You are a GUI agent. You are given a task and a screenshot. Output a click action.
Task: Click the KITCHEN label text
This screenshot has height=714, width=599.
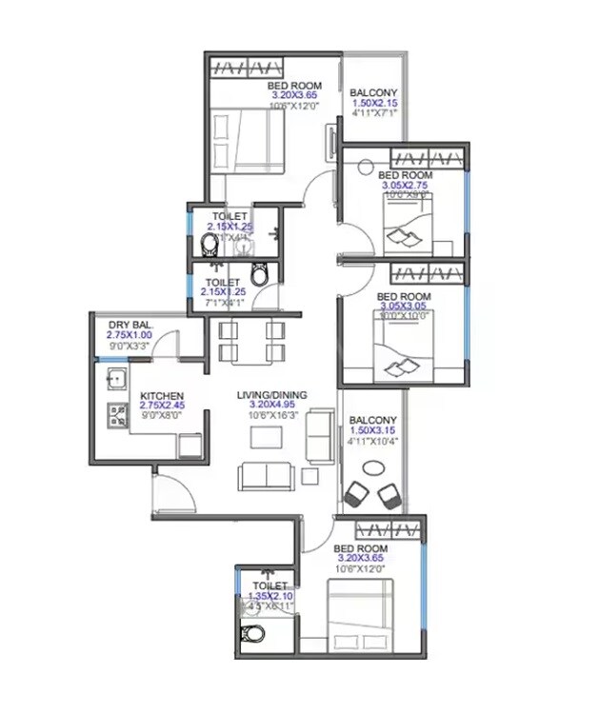162,395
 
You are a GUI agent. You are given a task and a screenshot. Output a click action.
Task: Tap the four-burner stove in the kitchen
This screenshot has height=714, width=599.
119,415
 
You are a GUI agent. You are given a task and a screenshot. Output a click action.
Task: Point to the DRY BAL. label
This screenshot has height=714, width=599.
130,325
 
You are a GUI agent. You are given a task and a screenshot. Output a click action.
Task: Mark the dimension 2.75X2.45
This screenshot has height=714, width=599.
162,406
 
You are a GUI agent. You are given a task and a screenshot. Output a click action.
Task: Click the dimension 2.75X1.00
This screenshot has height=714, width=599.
130,335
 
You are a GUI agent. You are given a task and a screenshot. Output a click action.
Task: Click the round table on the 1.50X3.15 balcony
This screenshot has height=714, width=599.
373,467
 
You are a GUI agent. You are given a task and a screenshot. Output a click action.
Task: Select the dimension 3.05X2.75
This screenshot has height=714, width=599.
405,186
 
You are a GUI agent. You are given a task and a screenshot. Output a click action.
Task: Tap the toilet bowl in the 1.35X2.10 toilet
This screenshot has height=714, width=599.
250,633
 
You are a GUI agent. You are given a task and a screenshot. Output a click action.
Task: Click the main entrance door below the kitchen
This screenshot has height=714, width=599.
172,489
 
